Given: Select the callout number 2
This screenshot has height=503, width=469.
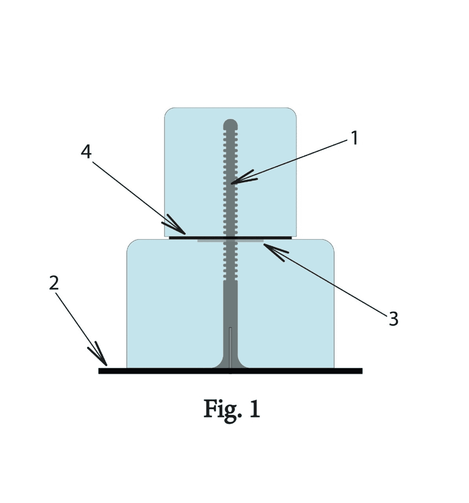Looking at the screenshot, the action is (54, 283).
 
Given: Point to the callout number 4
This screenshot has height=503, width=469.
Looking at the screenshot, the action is (86, 152).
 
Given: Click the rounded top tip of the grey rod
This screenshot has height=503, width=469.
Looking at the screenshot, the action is (230, 123).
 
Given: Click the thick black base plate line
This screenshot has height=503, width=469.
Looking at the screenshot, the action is (230, 371).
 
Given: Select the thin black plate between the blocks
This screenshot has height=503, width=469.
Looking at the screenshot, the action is (230, 238).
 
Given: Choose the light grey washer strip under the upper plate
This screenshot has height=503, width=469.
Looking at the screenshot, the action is (230, 241).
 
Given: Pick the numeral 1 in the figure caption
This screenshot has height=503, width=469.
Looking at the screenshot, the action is (255, 408).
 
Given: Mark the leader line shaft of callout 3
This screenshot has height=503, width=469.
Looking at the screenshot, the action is (326, 280).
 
